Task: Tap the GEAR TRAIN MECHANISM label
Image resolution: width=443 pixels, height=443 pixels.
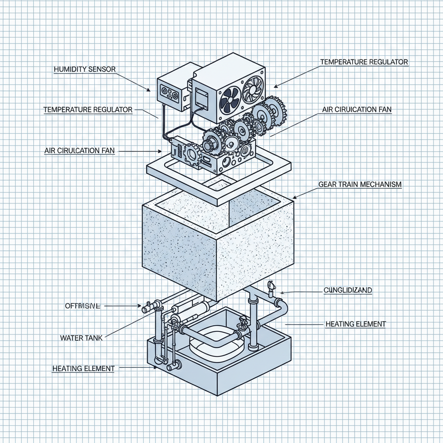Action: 360,184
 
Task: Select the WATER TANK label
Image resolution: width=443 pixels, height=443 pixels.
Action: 81,337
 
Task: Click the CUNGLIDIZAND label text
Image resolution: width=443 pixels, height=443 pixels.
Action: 347,290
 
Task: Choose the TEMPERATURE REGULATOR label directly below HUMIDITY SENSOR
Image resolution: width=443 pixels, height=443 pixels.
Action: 88,110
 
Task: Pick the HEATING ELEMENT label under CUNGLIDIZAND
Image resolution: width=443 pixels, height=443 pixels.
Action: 355,324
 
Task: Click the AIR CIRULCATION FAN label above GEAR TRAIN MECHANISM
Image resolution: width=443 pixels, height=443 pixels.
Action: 356,110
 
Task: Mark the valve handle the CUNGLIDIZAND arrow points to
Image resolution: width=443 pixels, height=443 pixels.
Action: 272,286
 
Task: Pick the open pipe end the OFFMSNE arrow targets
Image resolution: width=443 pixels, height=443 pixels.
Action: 145,309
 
